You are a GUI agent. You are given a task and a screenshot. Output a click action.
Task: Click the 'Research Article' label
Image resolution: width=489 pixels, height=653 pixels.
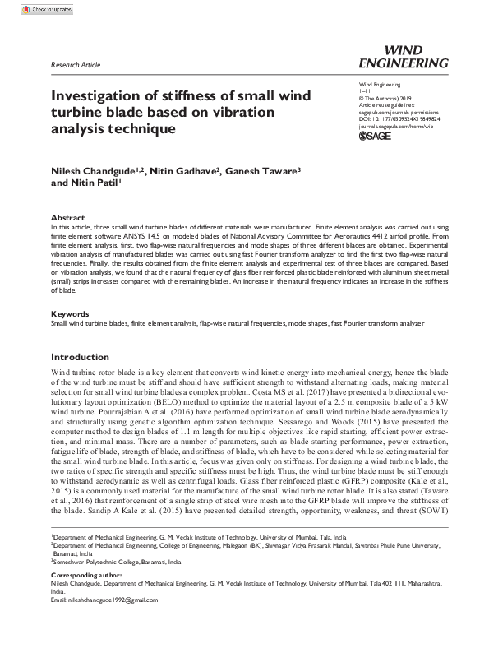(x=75, y=63)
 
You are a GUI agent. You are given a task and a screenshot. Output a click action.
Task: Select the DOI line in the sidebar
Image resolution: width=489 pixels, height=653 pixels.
(x=399, y=118)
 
